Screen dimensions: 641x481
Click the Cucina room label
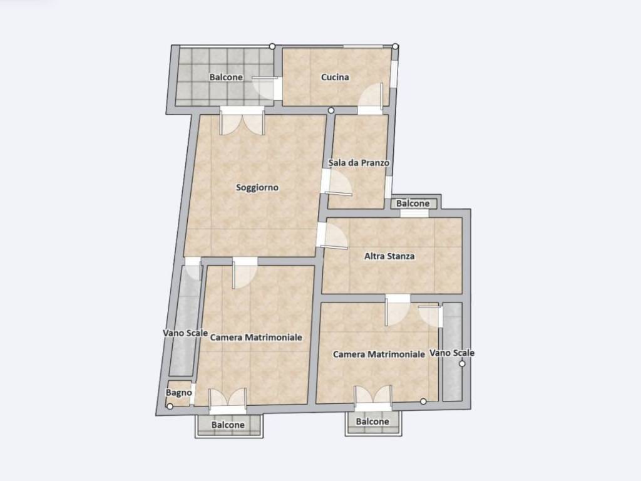[x=335, y=77]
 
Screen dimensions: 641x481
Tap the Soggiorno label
[x=257, y=187]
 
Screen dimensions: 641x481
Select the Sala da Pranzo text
[x=359, y=163]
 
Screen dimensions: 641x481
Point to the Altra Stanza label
[x=389, y=256]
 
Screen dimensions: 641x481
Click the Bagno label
[x=178, y=393]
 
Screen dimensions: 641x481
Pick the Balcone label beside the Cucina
[x=226, y=77]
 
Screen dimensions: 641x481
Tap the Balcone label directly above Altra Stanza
[x=413, y=204]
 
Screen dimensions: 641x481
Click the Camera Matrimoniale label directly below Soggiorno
[x=256, y=338]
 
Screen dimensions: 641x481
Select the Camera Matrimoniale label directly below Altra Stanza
[x=379, y=354]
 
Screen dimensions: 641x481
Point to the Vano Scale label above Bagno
[x=185, y=333]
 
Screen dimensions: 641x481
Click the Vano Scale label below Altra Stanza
[x=452, y=353]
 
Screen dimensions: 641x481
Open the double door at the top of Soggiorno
[x=242, y=121]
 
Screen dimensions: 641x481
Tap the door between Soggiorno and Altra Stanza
[x=332, y=235]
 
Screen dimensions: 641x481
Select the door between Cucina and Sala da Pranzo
[x=371, y=99]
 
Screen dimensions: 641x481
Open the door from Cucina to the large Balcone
[x=265, y=88]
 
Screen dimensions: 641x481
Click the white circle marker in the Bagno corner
[x=170, y=406]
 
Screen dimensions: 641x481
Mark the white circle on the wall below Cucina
[x=331, y=110]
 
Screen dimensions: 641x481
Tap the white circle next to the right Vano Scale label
[x=462, y=364]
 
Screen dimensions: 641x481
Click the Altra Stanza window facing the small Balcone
[x=414, y=214]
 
